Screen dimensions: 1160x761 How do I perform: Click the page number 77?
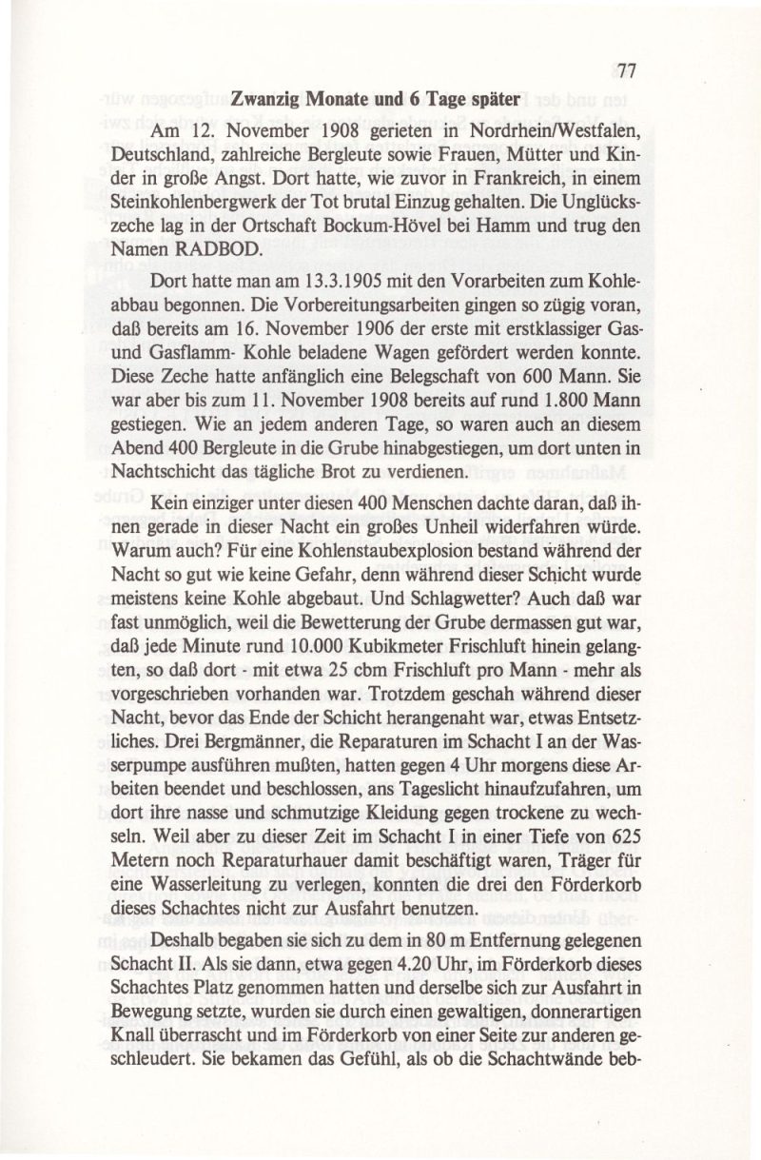coord(625,70)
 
